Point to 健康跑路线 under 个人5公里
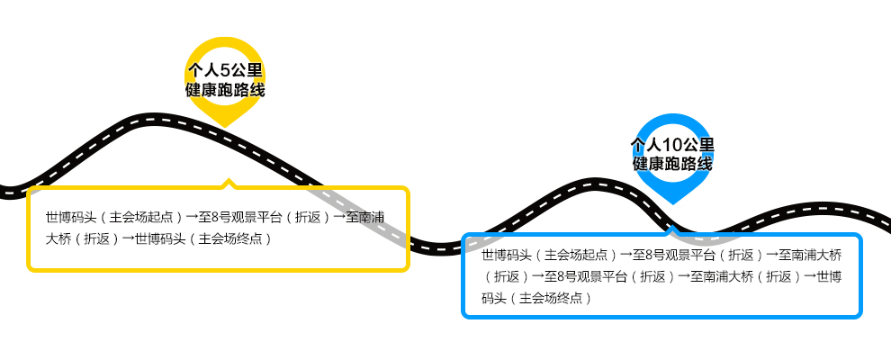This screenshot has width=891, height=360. click(x=225, y=91)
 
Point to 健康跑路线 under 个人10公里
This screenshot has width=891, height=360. click(x=672, y=165)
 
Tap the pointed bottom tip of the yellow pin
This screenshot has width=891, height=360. click(x=225, y=124)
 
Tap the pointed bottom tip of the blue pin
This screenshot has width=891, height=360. click(x=672, y=202)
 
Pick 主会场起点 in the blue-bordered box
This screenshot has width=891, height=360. click(x=577, y=255)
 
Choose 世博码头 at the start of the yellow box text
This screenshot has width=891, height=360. click(x=68, y=217)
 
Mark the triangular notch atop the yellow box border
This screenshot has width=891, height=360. click(x=229, y=184)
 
